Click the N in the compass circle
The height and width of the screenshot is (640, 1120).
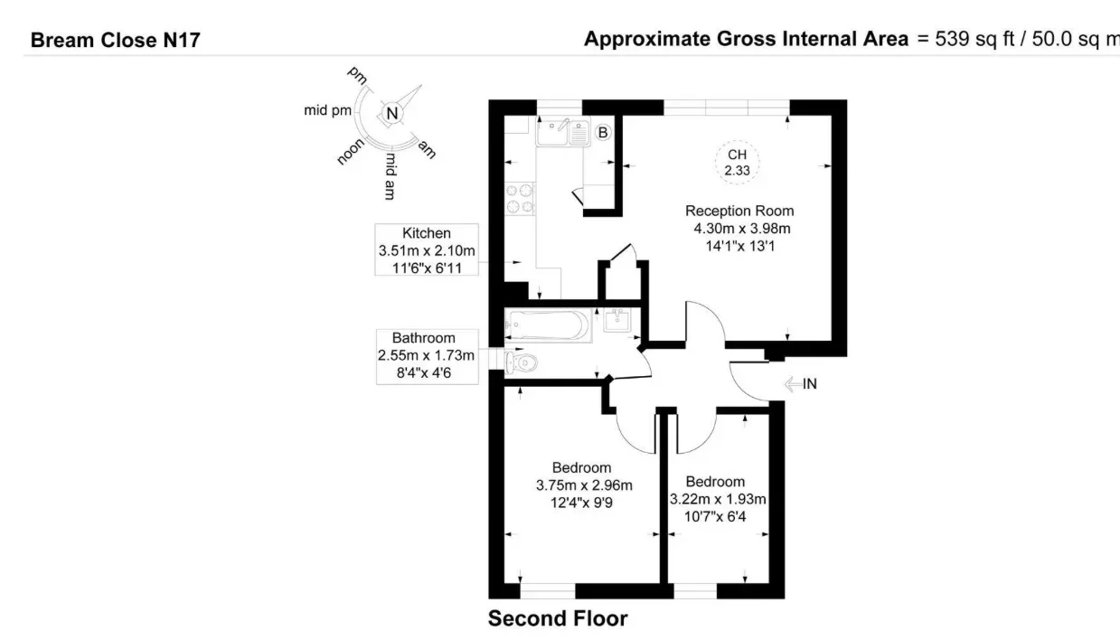tap(392, 114)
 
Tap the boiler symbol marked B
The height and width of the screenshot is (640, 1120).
tap(603, 133)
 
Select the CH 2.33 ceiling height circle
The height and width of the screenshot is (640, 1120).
tap(737, 162)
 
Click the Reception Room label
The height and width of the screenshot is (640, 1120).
tap(739, 211)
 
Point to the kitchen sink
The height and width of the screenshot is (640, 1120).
tap(563, 132)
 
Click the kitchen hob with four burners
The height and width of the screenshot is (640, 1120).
tap(520, 199)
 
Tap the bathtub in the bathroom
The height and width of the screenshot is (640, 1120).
tap(548, 325)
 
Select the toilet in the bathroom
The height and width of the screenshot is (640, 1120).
tap(521, 362)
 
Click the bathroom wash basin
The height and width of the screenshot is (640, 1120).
tap(617, 320)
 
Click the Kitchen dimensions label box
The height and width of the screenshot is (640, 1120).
tap(427, 250)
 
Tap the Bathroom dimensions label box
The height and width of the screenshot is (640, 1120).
tap(427, 356)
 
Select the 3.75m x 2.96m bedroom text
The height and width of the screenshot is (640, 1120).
tap(584, 485)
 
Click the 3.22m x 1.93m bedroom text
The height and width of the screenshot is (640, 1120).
tap(718, 499)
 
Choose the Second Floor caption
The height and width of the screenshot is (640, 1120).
tap(558, 618)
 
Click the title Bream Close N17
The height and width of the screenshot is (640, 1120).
tap(116, 40)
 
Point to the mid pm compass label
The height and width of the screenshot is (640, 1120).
tap(327, 110)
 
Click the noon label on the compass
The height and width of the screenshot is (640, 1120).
tap(351, 152)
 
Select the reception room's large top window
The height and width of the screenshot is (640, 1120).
tap(727, 108)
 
